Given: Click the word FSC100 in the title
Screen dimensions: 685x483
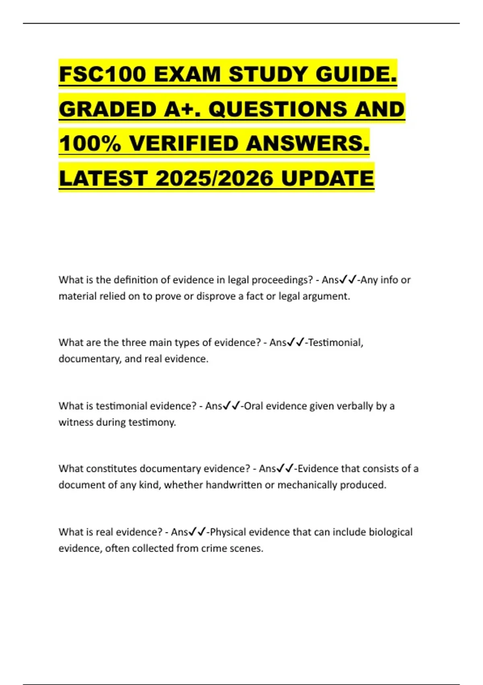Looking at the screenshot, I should pyautogui.click(x=102, y=75).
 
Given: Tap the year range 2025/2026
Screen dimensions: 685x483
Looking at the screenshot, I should pyautogui.click(x=215, y=179).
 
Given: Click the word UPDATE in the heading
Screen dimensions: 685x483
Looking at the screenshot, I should pyautogui.click(x=328, y=179).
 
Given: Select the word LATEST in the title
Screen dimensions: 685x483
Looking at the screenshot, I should pyautogui.click(x=103, y=179).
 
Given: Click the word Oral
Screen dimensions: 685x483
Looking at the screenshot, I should pyautogui.click(x=254, y=406).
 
